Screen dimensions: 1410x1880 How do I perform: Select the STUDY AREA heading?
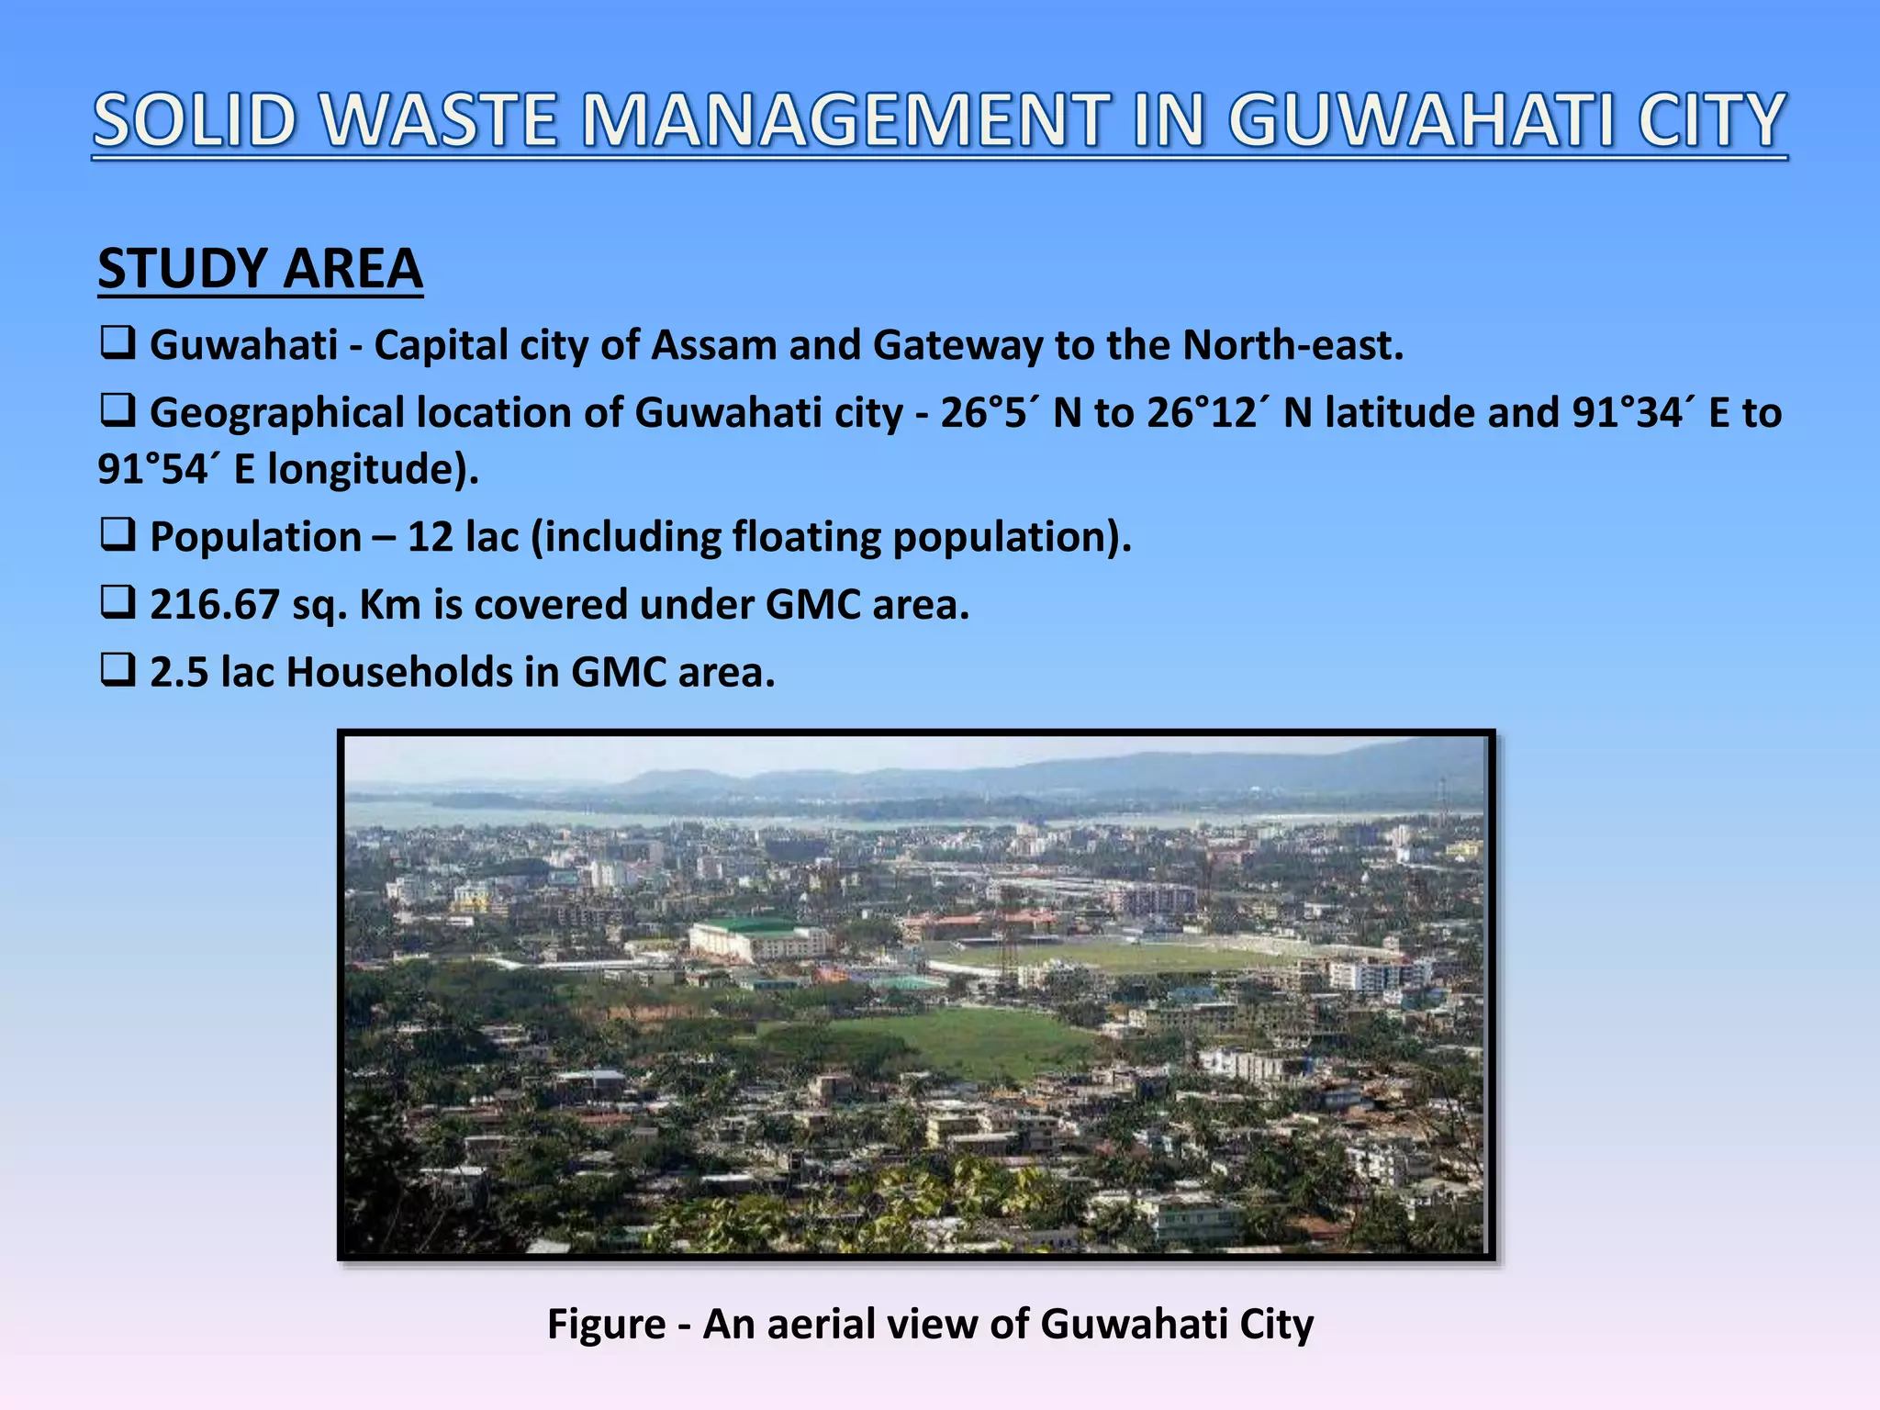(260, 269)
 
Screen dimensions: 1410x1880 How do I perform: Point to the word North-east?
(1292, 346)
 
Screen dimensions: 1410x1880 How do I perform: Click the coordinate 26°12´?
(1209, 413)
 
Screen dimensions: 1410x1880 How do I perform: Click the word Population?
(255, 537)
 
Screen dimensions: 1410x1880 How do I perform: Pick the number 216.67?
(214, 605)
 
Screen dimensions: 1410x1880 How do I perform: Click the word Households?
(399, 673)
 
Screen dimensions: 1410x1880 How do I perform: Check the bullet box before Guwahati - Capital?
(117, 344)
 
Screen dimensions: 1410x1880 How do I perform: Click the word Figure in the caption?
(606, 1325)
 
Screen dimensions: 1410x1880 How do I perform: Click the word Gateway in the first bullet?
(957, 346)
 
